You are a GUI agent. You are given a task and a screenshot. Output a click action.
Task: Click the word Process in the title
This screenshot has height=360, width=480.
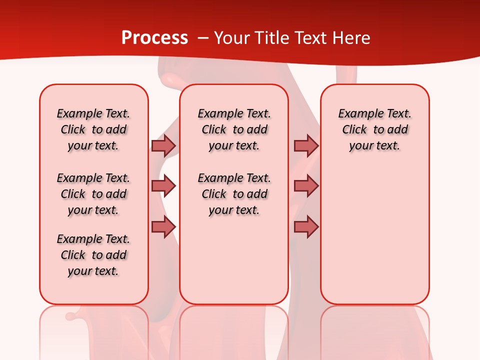point(154,38)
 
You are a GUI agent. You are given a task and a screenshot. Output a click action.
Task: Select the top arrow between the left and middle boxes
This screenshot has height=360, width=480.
point(163,145)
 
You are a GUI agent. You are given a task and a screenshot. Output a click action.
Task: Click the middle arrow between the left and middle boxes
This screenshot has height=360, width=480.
point(163,186)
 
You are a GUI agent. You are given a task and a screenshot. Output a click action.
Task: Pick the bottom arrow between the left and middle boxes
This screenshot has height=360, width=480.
point(163,227)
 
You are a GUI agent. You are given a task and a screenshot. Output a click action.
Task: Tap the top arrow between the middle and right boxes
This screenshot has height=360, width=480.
point(306,145)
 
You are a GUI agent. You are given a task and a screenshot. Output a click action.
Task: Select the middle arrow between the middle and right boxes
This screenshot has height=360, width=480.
point(306,186)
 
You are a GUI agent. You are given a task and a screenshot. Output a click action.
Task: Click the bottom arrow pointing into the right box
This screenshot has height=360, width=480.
point(306,227)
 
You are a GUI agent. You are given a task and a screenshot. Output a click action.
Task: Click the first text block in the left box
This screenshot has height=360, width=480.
point(93,129)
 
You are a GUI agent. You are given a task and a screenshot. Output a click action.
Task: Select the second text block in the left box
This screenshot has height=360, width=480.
point(93,194)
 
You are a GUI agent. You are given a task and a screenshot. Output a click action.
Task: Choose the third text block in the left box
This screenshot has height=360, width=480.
point(93,255)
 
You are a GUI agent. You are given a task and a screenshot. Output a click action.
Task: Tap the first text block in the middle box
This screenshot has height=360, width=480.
point(234,129)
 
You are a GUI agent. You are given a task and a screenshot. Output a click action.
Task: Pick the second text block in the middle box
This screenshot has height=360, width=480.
point(234,194)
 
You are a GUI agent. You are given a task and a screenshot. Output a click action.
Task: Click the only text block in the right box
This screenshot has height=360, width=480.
point(375,129)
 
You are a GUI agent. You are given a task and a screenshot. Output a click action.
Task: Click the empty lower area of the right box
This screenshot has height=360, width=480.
point(375,240)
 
